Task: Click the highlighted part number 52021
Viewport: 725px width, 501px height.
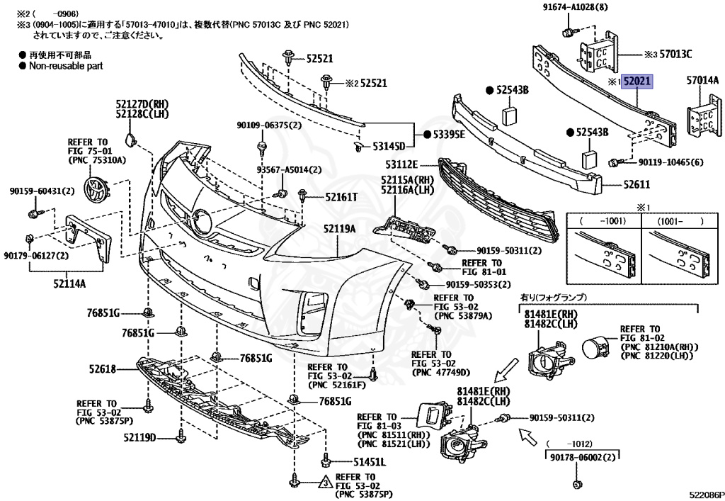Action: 636,82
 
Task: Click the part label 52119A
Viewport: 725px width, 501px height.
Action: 339,229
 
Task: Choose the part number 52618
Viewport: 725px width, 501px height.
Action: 102,368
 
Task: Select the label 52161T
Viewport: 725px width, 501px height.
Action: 341,197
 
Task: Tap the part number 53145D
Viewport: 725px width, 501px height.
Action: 389,147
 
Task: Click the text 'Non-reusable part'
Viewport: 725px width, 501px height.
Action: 65,65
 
